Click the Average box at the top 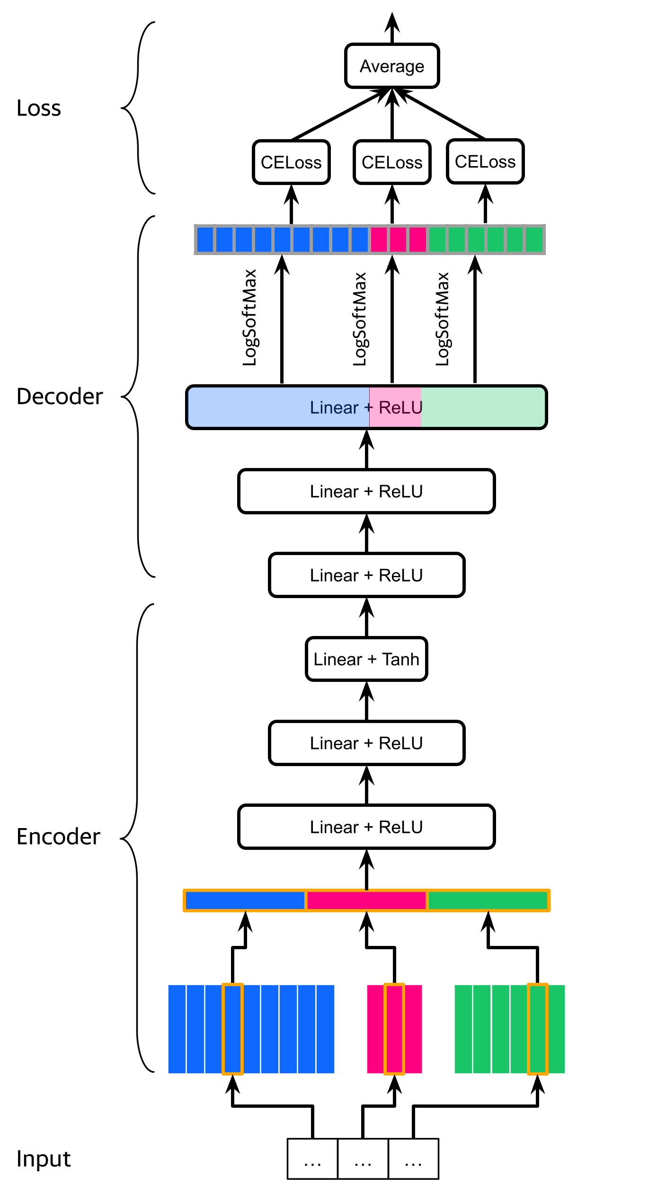coord(392,66)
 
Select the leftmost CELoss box coord(291,162)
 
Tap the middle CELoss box coord(392,162)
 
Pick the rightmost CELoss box coord(485,161)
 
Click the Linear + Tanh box coord(366,659)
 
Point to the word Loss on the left coord(39,108)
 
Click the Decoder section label coord(60,397)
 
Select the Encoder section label coord(58,837)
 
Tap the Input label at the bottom coord(44,1159)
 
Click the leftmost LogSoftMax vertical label coord(249,318)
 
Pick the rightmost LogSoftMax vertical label coord(442,319)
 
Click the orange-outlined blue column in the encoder coord(232,1029)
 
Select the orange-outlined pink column coord(394,1029)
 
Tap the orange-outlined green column coord(537,1029)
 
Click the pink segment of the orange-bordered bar coord(366,900)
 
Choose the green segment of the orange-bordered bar coord(488,900)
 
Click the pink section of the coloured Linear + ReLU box coord(395,407)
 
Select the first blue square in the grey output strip coord(205,239)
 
